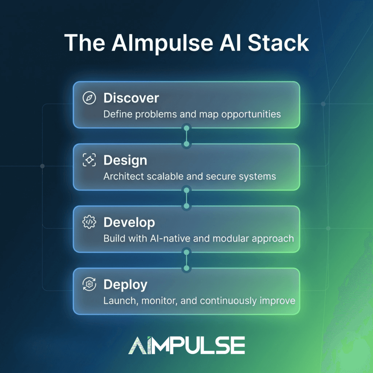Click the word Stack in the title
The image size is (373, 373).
tap(278, 43)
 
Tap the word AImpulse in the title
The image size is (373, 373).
tap(162, 44)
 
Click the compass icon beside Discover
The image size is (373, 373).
tap(89, 98)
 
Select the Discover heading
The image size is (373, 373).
tap(131, 98)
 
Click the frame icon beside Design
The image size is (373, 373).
tap(89, 160)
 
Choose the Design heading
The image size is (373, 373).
tap(125, 161)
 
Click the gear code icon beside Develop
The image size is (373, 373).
tap(89, 222)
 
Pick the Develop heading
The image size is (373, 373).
tap(129, 223)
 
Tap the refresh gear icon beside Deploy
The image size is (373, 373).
tap(89, 284)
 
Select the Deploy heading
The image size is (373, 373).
tap(125, 285)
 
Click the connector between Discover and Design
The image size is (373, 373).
tap(186, 136)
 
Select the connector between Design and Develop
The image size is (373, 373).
tap(186, 198)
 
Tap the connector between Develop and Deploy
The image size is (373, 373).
tap(186, 260)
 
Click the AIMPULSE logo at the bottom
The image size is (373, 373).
tap(186, 345)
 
